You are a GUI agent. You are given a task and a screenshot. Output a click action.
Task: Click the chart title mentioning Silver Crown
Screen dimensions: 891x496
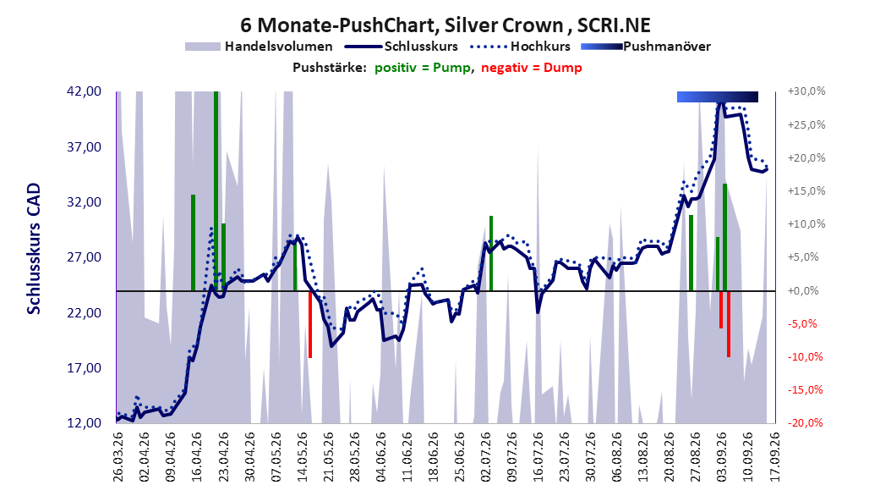[x=445, y=25]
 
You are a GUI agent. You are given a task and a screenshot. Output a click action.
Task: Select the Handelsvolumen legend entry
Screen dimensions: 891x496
[x=259, y=47]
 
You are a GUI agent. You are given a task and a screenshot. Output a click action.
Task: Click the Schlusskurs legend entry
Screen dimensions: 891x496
[x=401, y=47]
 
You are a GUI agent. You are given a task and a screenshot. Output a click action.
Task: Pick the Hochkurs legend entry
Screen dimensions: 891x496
[x=519, y=47]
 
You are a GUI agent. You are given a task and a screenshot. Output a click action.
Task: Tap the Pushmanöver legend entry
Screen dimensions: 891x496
[x=646, y=47]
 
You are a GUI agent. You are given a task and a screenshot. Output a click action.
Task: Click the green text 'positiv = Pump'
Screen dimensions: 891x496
[x=423, y=68]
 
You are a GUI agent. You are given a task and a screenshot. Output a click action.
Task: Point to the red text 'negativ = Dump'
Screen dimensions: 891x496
[x=532, y=68]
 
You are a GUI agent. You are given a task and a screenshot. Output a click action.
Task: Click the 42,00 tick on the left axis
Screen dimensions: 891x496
[x=84, y=91]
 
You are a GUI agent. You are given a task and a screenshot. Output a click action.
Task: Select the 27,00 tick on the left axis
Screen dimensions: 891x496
[x=84, y=257]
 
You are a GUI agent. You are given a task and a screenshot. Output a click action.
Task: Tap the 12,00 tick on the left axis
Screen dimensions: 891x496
[x=84, y=422]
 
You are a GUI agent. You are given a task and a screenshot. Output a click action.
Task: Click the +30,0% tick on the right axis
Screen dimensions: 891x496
[x=806, y=91]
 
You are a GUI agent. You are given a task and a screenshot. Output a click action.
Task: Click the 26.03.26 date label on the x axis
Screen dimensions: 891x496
[x=118, y=457]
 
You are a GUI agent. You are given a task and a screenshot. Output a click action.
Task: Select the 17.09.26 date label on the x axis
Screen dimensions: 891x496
[x=774, y=457]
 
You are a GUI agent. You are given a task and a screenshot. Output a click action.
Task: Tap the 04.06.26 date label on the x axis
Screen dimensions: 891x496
[x=380, y=457]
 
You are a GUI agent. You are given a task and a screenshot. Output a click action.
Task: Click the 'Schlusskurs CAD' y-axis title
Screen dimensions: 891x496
[x=34, y=249]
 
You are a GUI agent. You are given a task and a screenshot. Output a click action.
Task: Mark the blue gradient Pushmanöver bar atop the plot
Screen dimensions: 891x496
[x=718, y=96]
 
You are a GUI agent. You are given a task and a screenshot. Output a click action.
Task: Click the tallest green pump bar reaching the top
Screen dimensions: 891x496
[x=216, y=191]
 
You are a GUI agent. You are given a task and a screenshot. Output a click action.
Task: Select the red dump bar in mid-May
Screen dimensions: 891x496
[x=310, y=324]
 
